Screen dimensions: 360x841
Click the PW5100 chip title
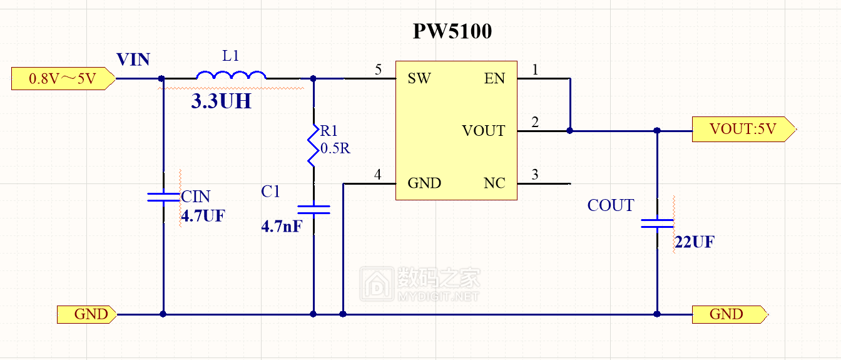coord(452,32)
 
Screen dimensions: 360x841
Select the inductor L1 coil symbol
coord(231,75)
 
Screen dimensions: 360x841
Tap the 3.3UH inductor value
coord(221,102)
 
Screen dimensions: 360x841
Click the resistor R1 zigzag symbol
coord(313,146)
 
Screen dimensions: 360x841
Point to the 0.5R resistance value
coord(336,148)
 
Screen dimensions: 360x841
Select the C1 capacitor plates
coord(313,209)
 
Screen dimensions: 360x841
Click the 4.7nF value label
coord(281,226)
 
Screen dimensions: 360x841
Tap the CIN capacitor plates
coord(163,197)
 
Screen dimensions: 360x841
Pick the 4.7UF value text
coord(202,217)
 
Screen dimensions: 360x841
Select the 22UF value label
coord(694,242)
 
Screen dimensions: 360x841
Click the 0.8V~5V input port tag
coord(63,79)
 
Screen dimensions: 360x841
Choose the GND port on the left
coord(86,314)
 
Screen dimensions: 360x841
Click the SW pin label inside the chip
coord(419,78)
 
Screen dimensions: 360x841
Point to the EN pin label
coord(494,78)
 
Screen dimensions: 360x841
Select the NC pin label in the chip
coord(494,183)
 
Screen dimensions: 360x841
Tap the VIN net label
coord(133,59)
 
